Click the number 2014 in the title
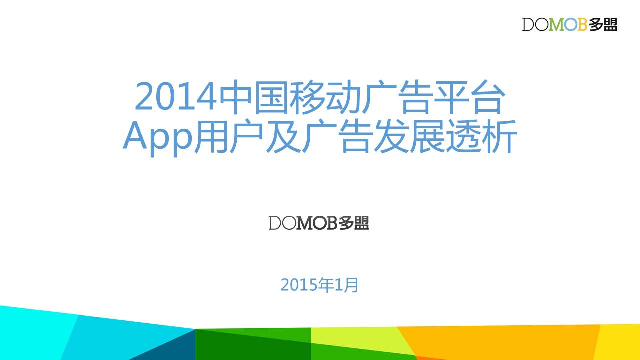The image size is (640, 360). click(x=175, y=96)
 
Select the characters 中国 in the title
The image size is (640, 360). click(x=253, y=97)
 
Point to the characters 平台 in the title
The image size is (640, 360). click(x=469, y=97)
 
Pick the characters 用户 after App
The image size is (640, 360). click(x=228, y=136)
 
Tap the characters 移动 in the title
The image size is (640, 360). click(x=324, y=97)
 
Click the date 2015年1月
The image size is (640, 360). click(x=319, y=285)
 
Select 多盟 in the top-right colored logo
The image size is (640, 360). click(x=603, y=25)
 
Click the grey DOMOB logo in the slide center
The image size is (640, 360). click(x=319, y=223)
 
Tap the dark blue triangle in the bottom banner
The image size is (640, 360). click(x=163, y=345)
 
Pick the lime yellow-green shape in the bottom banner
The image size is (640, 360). click(x=360, y=338)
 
